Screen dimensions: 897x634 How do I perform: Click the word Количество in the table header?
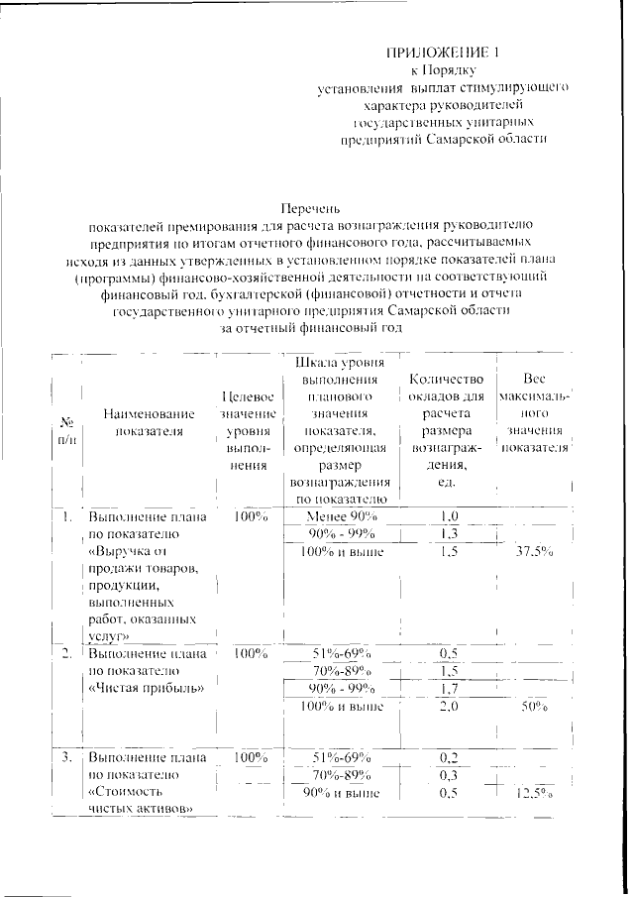pos(446,379)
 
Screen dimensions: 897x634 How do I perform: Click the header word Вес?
pos(535,379)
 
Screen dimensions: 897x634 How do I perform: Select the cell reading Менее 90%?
pos(342,516)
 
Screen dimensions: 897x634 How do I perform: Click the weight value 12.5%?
pos(535,795)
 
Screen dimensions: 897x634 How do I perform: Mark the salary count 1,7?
pos(448,689)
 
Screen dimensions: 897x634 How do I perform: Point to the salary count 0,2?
pos(448,757)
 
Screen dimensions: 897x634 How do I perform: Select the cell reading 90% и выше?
pos(342,793)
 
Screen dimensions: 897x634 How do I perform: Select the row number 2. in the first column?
pos(64,653)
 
